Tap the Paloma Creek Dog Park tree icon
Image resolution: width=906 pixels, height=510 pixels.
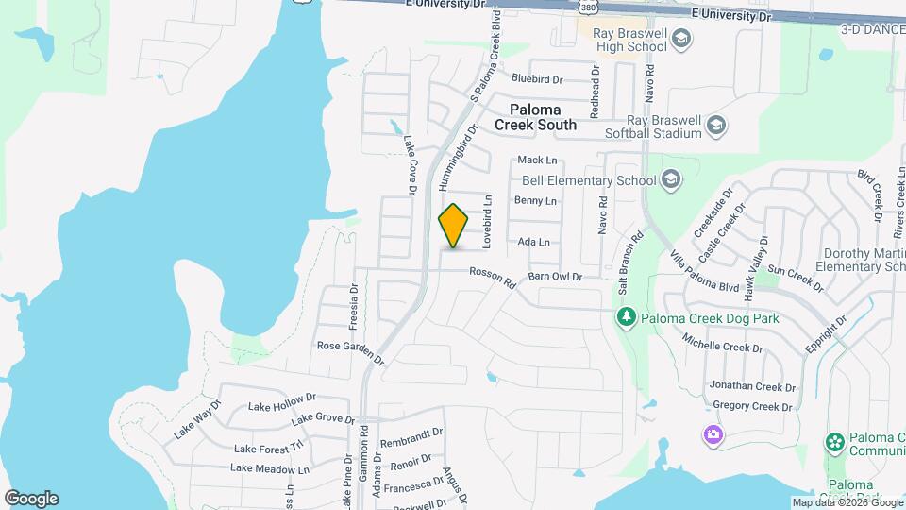pyautogui.click(x=624, y=317)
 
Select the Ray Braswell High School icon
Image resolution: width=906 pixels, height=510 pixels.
pyautogui.click(x=683, y=39)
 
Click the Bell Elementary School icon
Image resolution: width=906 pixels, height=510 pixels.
pyautogui.click(x=670, y=179)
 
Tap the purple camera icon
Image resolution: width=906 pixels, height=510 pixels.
pyautogui.click(x=713, y=434)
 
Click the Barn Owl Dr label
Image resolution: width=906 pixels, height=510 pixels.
pyautogui.click(x=556, y=277)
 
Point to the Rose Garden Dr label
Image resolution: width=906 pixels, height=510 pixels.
pyautogui.click(x=350, y=351)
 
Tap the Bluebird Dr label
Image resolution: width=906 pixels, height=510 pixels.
pyautogui.click(x=537, y=79)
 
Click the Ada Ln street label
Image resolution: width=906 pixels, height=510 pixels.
pyautogui.click(x=534, y=242)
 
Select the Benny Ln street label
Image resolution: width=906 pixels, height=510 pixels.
pyautogui.click(x=535, y=201)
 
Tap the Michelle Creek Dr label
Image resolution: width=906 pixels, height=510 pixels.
pyautogui.click(x=723, y=345)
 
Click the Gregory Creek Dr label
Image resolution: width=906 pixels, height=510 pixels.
pyautogui.click(x=752, y=407)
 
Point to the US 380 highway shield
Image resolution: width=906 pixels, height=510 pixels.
pyautogui.click(x=587, y=8)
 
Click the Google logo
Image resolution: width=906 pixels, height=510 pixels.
pyautogui.click(x=31, y=499)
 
